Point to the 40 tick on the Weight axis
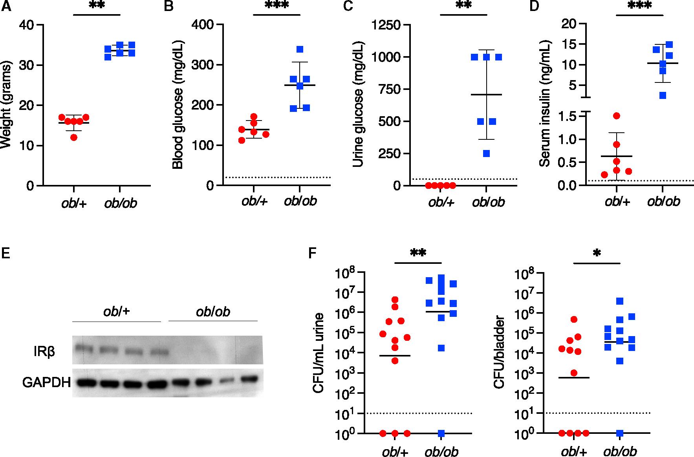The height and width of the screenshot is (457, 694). pyautogui.click(x=29, y=25)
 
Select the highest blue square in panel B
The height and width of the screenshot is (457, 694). pyautogui.click(x=300, y=49)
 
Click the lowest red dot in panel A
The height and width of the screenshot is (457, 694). pyautogui.click(x=74, y=137)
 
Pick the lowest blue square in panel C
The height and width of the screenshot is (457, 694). pyautogui.click(x=487, y=154)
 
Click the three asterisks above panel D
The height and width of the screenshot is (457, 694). pyautogui.click(x=639, y=6)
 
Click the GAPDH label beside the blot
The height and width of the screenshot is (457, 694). pyautogui.click(x=46, y=382)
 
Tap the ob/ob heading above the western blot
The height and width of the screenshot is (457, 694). pyautogui.click(x=212, y=311)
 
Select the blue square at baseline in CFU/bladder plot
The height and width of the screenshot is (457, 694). pyautogui.click(x=620, y=433)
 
